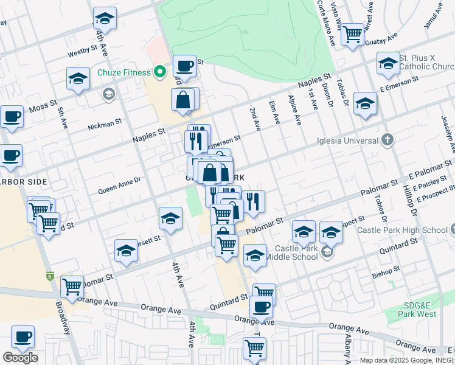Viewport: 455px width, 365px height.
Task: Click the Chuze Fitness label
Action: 123,72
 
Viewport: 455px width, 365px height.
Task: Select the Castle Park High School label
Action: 401,230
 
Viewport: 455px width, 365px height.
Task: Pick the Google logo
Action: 20,357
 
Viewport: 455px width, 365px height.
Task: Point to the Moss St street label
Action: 42,108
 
